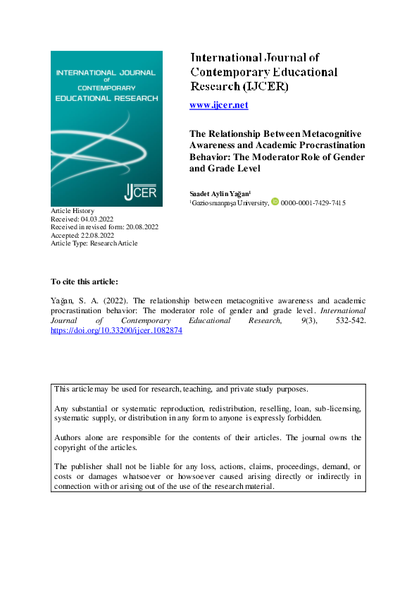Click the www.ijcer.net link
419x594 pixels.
click(219, 105)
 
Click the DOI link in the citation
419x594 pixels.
click(117, 330)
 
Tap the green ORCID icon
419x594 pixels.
click(275, 202)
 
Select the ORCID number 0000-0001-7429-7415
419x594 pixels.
click(313, 202)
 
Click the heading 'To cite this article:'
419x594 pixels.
click(80, 281)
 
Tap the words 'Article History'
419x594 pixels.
click(73, 212)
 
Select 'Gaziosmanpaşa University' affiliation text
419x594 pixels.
click(230, 202)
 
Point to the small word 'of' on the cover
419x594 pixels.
click(106, 80)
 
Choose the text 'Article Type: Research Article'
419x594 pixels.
click(95, 243)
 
